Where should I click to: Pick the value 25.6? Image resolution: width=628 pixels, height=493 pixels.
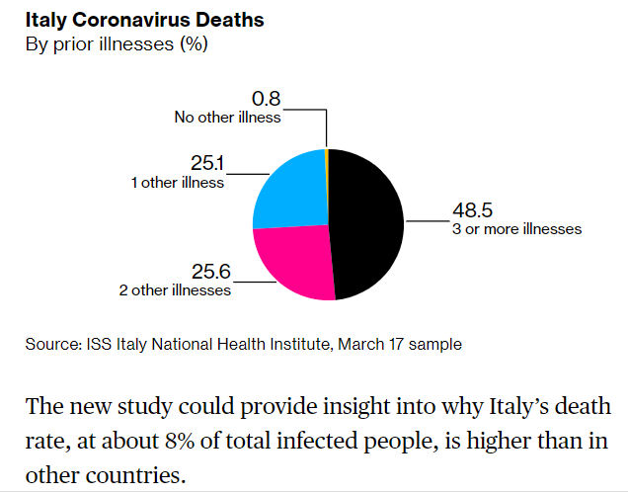click(209, 273)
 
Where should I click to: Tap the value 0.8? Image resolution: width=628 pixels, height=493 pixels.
click(266, 100)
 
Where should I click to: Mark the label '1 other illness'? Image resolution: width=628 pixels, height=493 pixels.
click(177, 182)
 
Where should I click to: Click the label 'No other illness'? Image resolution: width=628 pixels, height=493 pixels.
click(228, 117)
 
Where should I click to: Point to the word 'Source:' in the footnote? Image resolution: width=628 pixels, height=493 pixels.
click(51, 344)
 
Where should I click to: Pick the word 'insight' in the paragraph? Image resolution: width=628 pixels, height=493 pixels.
click(381, 407)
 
